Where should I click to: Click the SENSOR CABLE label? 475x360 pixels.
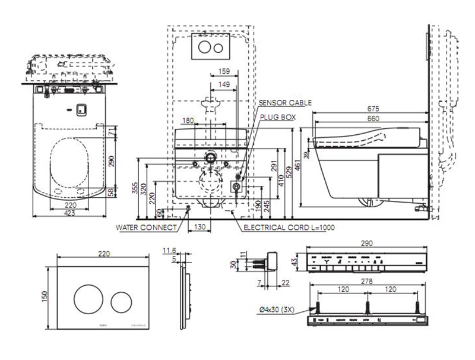point(285,103)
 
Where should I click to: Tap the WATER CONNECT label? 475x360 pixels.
point(146,227)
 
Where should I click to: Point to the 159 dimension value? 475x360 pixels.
point(224,71)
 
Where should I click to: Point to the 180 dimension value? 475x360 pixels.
point(188,121)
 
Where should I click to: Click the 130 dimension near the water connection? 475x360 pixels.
point(199,226)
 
